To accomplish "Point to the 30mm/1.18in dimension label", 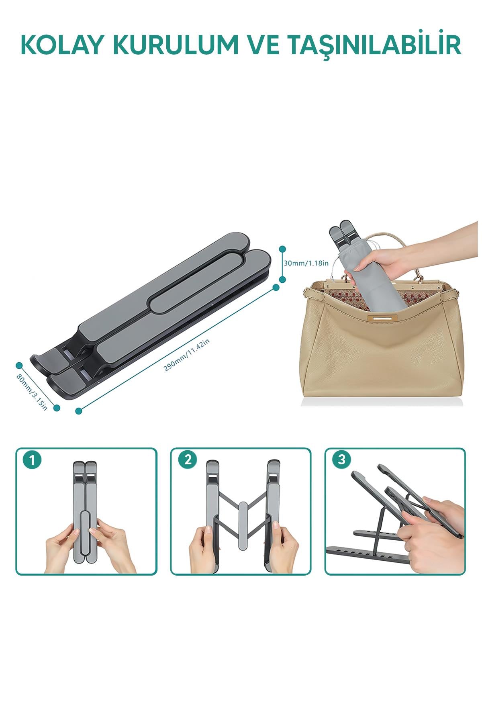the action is tap(306, 263).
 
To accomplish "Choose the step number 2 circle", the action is tap(188, 460).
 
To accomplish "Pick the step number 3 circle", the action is tap(342, 460).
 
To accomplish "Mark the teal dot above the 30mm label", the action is tap(282, 249).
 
